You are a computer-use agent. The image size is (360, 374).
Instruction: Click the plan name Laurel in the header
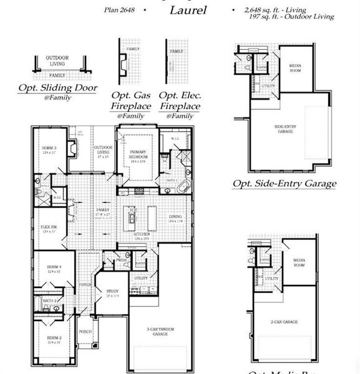tap(188, 11)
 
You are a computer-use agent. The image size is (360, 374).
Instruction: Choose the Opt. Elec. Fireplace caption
tap(180, 102)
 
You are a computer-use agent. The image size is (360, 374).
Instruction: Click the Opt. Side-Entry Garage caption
tap(284, 184)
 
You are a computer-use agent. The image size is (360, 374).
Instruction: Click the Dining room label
tap(176, 218)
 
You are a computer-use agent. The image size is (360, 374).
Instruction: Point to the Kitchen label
tap(142, 236)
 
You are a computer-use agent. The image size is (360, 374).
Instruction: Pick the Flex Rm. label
tap(49, 229)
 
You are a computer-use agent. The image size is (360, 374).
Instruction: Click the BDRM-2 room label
tap(54, 340)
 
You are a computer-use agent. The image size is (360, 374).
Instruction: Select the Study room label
tap(112, 293)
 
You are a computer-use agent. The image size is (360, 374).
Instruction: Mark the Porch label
tap(85, 332)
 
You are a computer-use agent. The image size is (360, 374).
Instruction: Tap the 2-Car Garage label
tap(285, 322)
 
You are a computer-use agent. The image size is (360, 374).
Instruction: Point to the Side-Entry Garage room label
tap(285, 129)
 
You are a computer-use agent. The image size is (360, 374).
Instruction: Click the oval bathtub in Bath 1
tap(183, 186)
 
